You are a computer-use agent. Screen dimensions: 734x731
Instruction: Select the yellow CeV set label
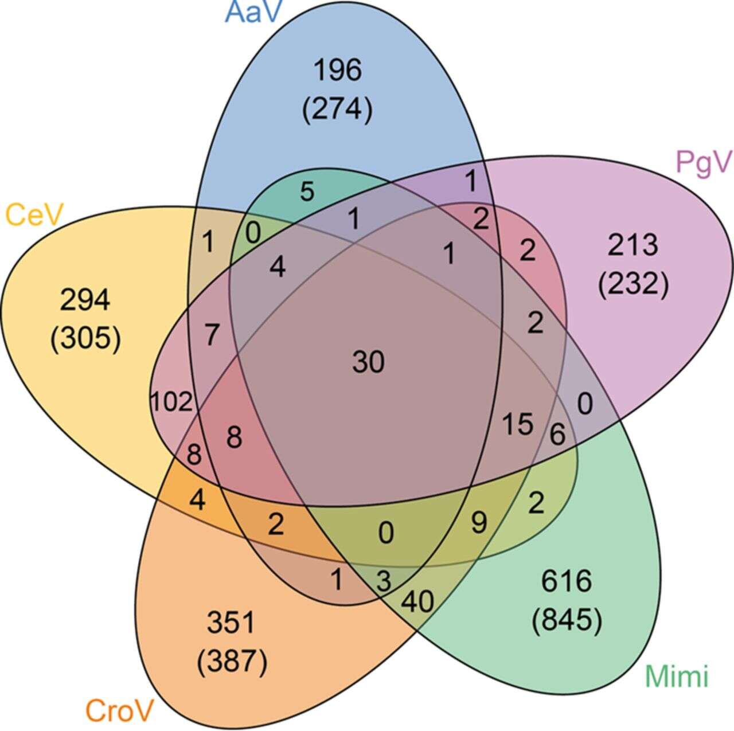(x=34, y=216)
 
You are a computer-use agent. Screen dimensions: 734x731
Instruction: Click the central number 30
(x=368, y=362)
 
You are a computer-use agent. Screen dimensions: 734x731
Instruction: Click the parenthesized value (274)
(x=337, y=110)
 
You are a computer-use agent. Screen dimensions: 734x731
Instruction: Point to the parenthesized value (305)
(x=85, y=339)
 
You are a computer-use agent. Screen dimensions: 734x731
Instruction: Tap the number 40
(x=417, y=602)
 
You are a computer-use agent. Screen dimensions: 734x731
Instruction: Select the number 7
(x=212, y=334)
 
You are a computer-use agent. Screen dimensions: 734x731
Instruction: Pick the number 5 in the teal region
(x=307, y=191)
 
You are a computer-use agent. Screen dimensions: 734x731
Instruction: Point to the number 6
(x=557, y=434)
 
